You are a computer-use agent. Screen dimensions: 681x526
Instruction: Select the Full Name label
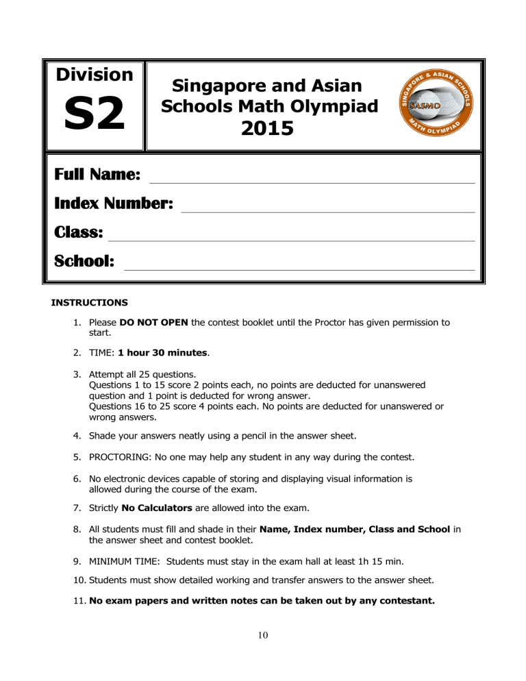(97, 175)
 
